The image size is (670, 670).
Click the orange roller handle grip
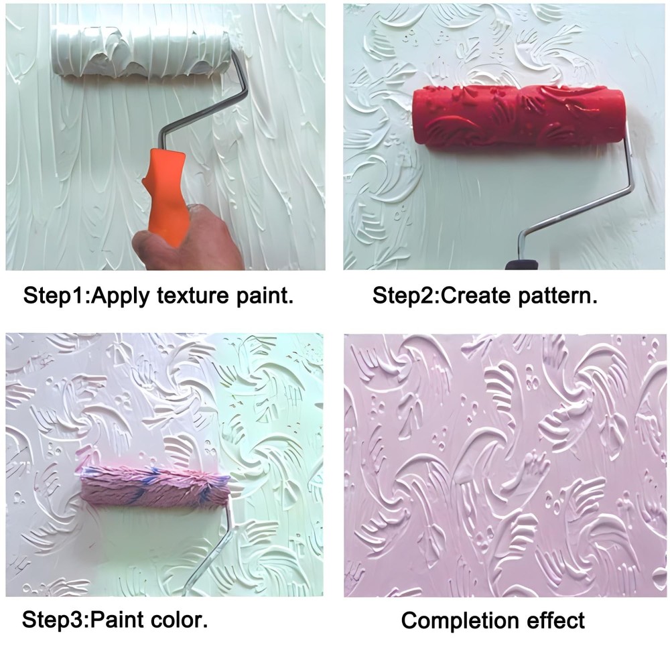pyautogui.click(x=164, y=191)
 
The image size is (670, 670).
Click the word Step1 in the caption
pyautogui.click(x=56, y=295)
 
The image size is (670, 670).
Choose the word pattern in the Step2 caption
pyautogui.click(x=554, y=295)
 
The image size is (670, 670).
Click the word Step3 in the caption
pyautogui.click(x=54, y=618)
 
